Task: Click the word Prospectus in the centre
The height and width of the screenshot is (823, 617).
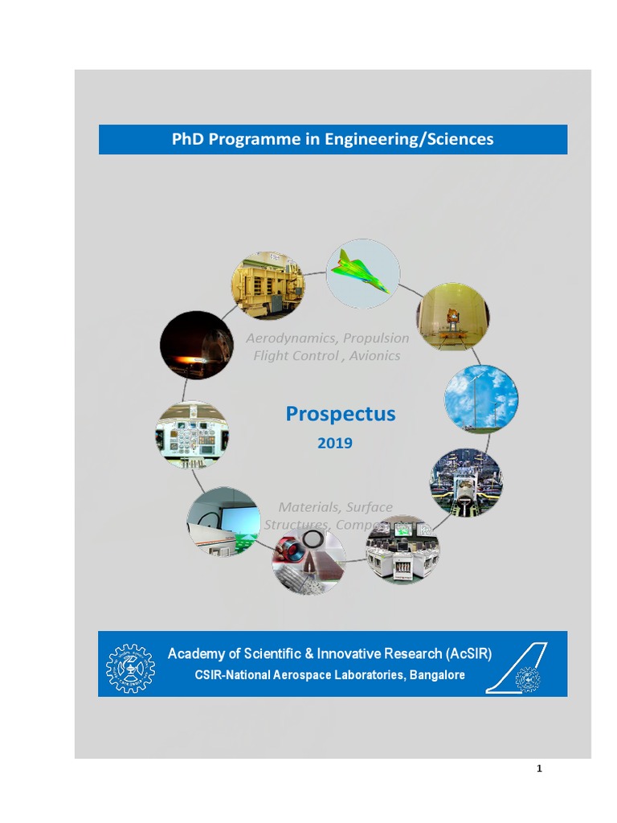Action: (341, 414)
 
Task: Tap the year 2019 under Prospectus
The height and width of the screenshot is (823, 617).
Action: (335, 443)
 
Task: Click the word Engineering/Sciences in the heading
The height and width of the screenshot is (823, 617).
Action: (409, 139)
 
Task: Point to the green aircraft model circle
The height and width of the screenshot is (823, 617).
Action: (363, 273)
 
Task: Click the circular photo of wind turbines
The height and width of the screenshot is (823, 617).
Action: (481, 399)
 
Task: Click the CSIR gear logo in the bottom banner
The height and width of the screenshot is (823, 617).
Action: (131, 668)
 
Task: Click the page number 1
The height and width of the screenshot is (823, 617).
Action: (539, 768)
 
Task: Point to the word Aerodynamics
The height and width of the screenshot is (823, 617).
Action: (292, 338)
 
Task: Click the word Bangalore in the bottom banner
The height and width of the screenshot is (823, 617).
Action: (437, 675)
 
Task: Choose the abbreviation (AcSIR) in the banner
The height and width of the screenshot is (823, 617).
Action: (468, 653)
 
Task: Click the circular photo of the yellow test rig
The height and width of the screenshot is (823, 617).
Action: (268, 285)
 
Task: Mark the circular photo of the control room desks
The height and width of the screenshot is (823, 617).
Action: (402, 550)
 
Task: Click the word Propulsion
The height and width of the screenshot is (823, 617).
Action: (376, 338)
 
